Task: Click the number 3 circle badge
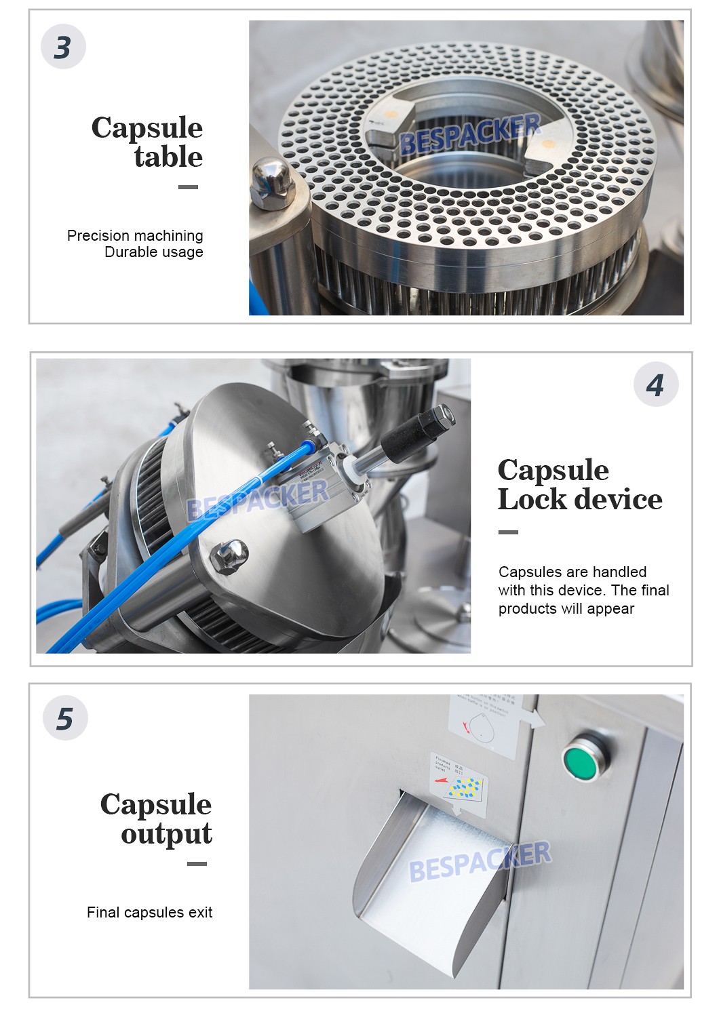click(63, 47)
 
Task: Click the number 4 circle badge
click(655, 384)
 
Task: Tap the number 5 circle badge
click(65, 718)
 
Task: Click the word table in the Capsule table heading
click(168, 157)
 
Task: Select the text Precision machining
click(135, 235)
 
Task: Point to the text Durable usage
click(153, 252)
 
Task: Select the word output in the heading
click(166, 834)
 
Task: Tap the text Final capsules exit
click(149, 913)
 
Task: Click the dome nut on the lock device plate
click(229, 556)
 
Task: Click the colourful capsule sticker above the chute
click(461, 783)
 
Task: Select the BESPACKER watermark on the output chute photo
click(480, 861)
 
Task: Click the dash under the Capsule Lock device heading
click(508, 532)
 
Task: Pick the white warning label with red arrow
click(484, 725)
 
